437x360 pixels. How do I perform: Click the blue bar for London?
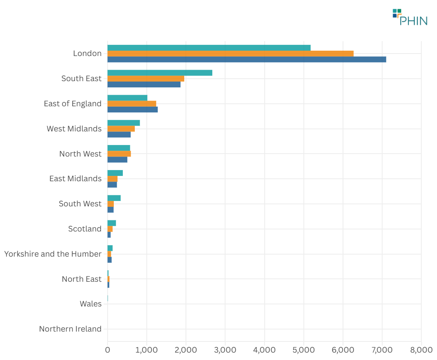pyautogui.click(x=247, y=59)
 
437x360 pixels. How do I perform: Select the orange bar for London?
pyautogui.click(x=230, y=54)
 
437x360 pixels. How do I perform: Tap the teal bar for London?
pyautogui.click(x=209, y=48)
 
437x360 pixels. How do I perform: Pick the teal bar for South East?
pyautogui.click(x=160, y=73)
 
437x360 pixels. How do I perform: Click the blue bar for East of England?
pyautogui.click(x=132, y=110)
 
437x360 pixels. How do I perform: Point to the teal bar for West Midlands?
pyautogui.click(x=124, y=123)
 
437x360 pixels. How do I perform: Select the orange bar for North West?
pyautogui.click(x=119, y=154)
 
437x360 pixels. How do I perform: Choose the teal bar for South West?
pyautogui.click(x=114, y=198)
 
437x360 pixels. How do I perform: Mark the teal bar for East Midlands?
pyautogui.click(x=115, y=173)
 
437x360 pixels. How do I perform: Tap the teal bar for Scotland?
pyautogui.click(x=112, y=223)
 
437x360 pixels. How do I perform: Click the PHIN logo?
pyautogui.click(x=410, y=17)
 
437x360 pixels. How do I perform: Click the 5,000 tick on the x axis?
pyautogui.click(x=304, y=350)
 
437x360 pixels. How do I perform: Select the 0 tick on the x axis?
pyautogui.click(x=108, y=350)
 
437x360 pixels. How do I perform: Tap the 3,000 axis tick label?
pyautogui.click(x=225, y=350)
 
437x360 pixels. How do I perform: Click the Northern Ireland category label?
pyautogui.click(x=70, y=329)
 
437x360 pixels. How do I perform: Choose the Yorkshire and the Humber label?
pyautogui.click(x=53, y=254)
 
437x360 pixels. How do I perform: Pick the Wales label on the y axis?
pyautogui.click(x=91, y=304)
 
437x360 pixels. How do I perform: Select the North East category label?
pyautogui.click(x=82, y=279)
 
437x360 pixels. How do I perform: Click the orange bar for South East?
pyautogui.click(x=146, y=79)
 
